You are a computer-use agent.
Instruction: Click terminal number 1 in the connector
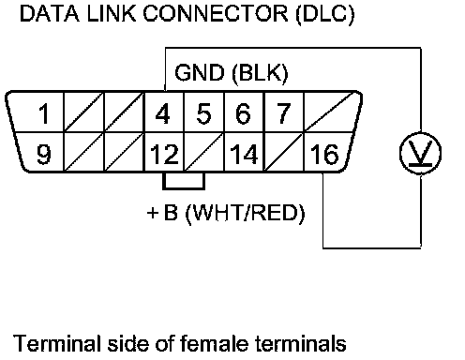coord(44,113)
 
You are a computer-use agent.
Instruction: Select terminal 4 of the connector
coord(162,113)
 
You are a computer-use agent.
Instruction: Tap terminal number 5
coord(203,113)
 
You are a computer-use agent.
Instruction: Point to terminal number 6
coord(243,113)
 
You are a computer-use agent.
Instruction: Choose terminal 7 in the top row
coord(283,113)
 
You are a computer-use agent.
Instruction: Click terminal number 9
coord(44,154)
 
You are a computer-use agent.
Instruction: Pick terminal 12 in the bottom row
coord(164,154)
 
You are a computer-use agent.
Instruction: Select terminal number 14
coord(244,154)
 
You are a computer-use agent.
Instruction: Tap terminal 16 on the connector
coord(324,154)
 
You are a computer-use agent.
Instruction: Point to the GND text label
coord(200,72)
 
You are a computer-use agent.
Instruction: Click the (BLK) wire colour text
coord(260,74)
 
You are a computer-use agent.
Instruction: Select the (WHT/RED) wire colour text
coord(245,213)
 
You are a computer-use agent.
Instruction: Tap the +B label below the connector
coord(162,213)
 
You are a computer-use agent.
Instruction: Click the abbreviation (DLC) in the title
coord(325,14)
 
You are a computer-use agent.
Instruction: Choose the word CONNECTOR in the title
coord(216,13)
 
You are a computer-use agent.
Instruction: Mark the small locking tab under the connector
coord(184,181)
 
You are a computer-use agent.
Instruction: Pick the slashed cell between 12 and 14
coord(203,152)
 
